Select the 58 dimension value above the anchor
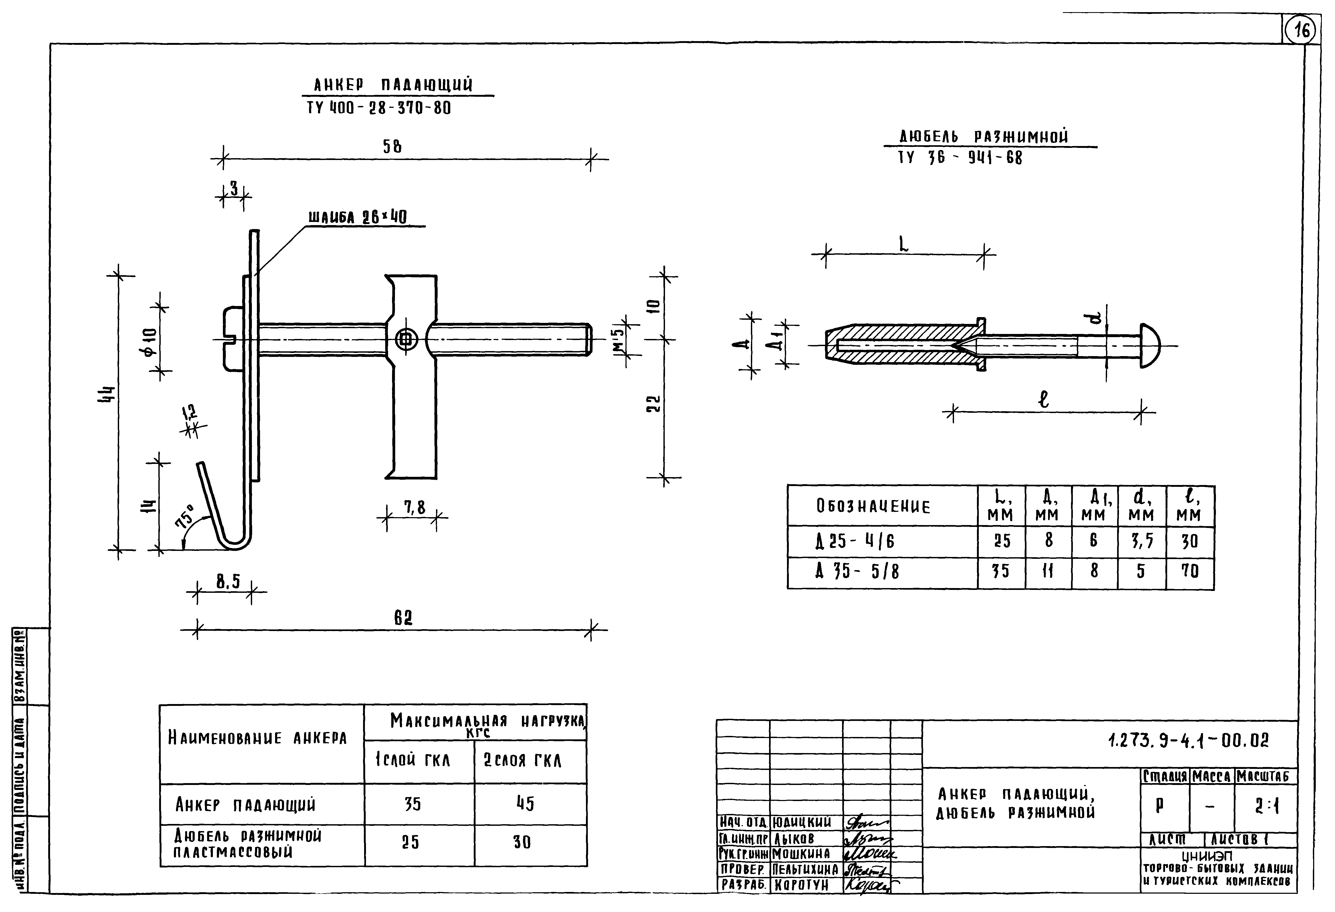pyautogui.click(x=392, y=147)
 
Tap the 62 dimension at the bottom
pyautogui.click(x=403, y=618)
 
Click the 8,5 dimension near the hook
pyautogui.click(x=227, y=583)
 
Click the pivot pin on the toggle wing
pyautogui.click(x=407, y=340)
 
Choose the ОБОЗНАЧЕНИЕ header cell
pyautogui.click(x=873, y=506)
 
